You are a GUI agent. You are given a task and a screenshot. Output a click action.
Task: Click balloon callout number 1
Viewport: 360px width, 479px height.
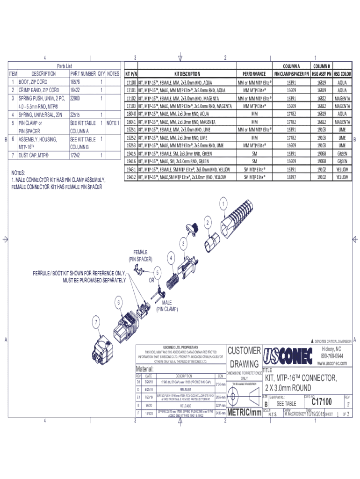(224, 204)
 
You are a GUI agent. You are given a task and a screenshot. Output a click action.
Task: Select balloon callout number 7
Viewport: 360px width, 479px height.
(96, 322)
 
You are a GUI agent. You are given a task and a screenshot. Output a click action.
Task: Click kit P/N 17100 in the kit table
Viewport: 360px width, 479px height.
(131, 82)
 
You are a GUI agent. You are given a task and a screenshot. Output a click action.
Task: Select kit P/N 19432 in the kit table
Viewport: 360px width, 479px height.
(131, 177)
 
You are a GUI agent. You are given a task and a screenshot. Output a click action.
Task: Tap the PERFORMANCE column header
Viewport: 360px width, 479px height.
(254, 74)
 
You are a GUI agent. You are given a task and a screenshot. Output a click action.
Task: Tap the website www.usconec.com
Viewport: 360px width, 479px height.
(332, 363)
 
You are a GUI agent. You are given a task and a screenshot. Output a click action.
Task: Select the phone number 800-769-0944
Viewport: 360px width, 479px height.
(332, 356)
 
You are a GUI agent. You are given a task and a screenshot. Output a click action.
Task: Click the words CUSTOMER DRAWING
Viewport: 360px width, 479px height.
(245, 357)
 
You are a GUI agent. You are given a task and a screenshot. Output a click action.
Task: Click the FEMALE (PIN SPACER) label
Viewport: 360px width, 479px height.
(144, 255)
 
